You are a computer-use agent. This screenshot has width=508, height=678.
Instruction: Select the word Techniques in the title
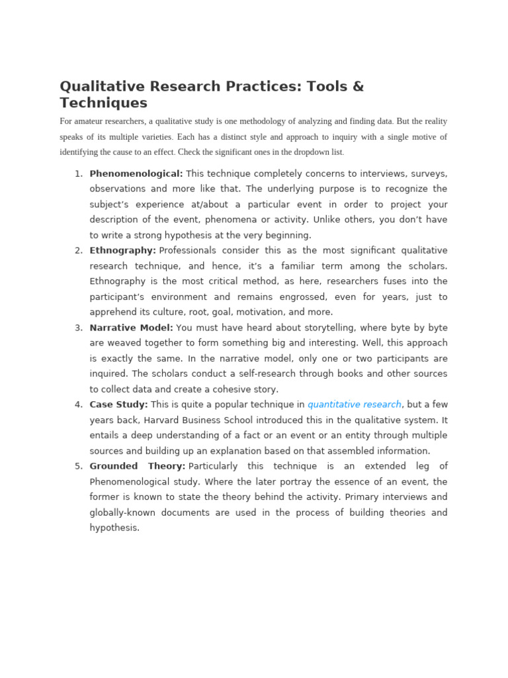(103, 103)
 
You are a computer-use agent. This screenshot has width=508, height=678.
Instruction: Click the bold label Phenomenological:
(136, 173)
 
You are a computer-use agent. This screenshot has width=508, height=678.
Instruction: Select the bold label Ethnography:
(122, 250)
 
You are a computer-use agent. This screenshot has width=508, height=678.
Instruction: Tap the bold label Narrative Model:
(131, 328)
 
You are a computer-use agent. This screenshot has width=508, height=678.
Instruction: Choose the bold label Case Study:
(118, 405)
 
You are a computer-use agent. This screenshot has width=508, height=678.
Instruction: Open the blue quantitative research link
(354, 405)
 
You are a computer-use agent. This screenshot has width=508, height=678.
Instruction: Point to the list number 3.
(78, 328)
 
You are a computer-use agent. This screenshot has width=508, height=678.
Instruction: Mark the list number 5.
(78, 466)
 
